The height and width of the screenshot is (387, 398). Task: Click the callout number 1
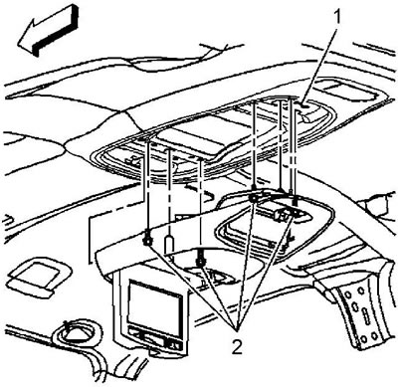(337, 17)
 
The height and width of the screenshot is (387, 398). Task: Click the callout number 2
(237, 346)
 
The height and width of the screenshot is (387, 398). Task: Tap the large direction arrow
(48, 31)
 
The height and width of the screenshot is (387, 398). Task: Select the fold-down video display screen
(156, 307)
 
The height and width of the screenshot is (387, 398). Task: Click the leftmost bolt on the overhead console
(146, 240)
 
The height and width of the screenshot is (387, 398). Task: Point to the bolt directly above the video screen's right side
(199, 262)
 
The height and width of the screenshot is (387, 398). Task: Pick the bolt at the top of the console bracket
(254, 198)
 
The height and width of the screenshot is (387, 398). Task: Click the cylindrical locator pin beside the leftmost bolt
(169, 244)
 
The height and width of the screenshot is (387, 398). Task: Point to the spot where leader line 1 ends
(304, 105)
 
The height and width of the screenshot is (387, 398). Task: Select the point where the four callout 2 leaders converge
(236, 330)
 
